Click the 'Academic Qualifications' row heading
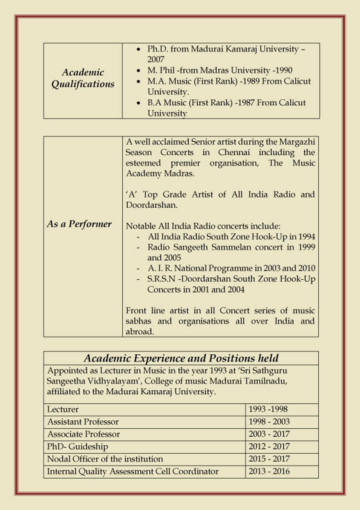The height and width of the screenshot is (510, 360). (83, 78)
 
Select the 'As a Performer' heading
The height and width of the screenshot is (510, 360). (79, 224)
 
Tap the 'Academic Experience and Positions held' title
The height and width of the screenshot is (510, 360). (181, 358)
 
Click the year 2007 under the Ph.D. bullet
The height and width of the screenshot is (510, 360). (156, 60)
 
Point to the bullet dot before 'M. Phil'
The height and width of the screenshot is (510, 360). (138, 70)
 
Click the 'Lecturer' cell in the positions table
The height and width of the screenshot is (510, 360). (63, 410)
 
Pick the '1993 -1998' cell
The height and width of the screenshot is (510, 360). (268, 410)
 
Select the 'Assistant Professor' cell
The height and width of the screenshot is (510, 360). (83, 422)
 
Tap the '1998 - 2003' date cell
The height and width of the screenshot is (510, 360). (269, 422)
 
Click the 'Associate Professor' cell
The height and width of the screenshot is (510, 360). (84, 434)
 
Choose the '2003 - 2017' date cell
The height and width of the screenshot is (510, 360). (269, 434)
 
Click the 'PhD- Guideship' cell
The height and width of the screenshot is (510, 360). (78, 447)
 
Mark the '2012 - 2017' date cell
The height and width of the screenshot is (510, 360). (269, 447)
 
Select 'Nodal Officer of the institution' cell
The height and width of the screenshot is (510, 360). (105, 459)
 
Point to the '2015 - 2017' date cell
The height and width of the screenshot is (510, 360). (269, 459)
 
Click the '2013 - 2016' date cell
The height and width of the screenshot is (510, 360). (269, 472)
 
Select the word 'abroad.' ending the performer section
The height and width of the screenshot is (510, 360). (140, 332)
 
